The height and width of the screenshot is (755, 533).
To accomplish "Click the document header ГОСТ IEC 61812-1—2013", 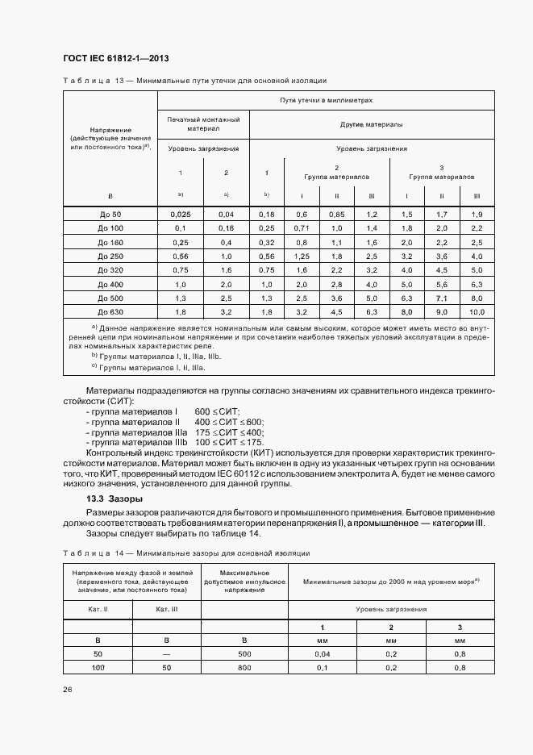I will (115, 59).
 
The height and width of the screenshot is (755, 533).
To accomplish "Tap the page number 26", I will (67, 690).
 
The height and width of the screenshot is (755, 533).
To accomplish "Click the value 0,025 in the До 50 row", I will (181, 214).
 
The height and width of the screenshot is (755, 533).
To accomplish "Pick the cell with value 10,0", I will (477, 311).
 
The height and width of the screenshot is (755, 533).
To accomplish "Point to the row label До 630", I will (110, 311).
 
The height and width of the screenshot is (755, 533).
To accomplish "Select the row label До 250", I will (110, 256).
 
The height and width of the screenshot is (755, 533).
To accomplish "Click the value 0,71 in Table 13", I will (302, 228).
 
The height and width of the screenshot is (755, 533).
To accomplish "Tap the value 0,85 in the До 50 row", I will (337, 214).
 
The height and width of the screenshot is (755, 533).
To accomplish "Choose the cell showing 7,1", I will (442, 297).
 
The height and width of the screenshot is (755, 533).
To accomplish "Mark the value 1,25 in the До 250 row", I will (302, 256).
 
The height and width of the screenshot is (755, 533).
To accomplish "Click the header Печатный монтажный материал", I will (203, 123).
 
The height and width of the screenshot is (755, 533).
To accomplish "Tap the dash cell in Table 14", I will (167, 654).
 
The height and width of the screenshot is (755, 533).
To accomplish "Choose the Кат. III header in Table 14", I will (167, 610).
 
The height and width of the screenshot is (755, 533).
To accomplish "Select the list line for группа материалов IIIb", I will (176, 443).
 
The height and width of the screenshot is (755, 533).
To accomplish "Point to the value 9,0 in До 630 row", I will (442, 311).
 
